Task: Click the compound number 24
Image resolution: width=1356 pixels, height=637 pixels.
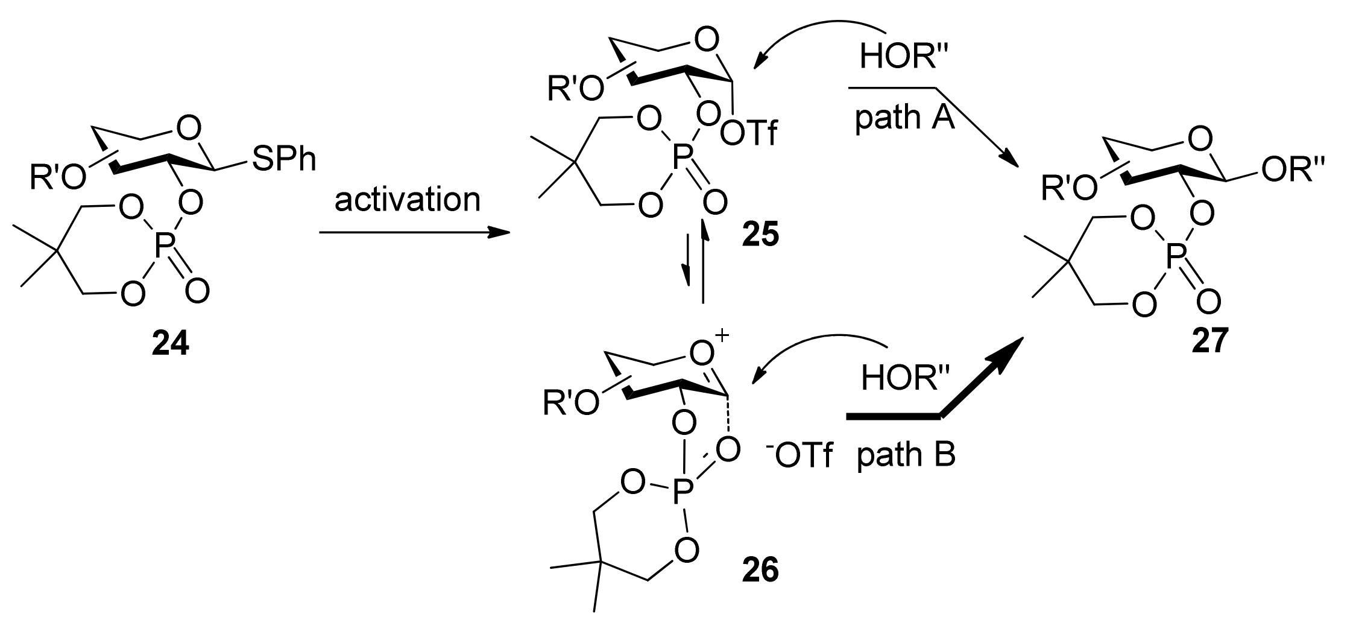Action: point(170,344)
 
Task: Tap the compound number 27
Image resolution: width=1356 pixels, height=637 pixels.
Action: point(1209,342)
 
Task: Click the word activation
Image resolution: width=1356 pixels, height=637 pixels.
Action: point(408,200)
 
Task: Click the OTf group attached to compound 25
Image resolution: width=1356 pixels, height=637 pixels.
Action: point(749,135)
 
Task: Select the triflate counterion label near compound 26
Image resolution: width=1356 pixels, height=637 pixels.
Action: point(796,457)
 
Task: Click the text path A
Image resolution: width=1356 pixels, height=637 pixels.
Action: point(904,118)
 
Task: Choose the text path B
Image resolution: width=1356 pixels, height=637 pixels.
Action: point(906,454)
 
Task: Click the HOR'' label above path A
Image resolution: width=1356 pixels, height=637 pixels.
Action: point(902,58)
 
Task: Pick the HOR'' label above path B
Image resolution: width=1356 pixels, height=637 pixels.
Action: point(904,378)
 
